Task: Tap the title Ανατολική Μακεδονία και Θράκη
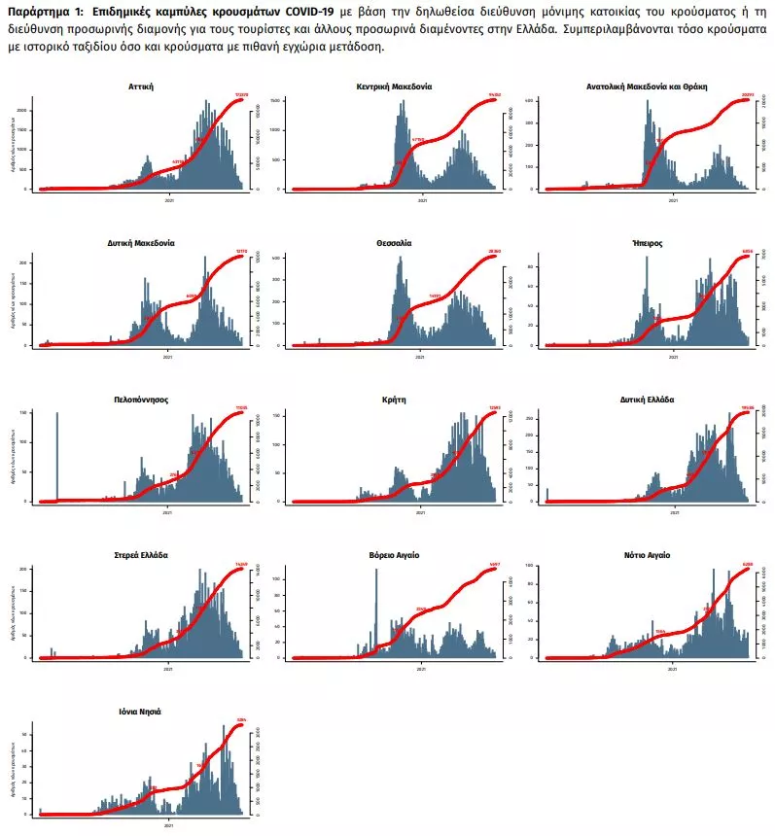(647, 87)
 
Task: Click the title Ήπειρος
(647, 243)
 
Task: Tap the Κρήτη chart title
(394, 400)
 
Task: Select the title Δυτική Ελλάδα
(647, 400)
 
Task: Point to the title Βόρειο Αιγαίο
(394, 555)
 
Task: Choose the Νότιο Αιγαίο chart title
(647, 555)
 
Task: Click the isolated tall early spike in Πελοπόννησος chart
(57, 457)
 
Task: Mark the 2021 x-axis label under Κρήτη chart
(420, 512)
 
